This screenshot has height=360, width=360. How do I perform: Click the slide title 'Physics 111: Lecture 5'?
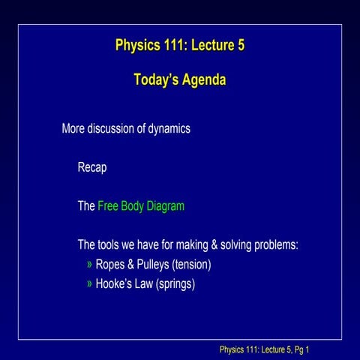tap(180, 45)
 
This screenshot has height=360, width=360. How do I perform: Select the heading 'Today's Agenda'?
tap(180, 79)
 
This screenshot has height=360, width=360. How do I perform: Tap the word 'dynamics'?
tap(167, 128)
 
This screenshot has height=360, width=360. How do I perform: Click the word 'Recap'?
tap(92, 167)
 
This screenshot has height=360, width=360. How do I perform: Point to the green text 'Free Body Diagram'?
tap(141, 206)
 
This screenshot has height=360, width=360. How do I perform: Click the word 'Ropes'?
tap(111, 265)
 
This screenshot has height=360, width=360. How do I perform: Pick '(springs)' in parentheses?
tap(175, 284)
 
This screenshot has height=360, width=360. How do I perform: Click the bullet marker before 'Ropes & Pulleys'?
tap(90, 265)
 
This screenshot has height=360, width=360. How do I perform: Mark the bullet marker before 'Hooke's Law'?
tap(90, 284)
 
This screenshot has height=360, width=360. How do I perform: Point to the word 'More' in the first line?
tap(73, 128)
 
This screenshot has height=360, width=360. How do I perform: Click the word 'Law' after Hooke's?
tap(145, 284)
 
